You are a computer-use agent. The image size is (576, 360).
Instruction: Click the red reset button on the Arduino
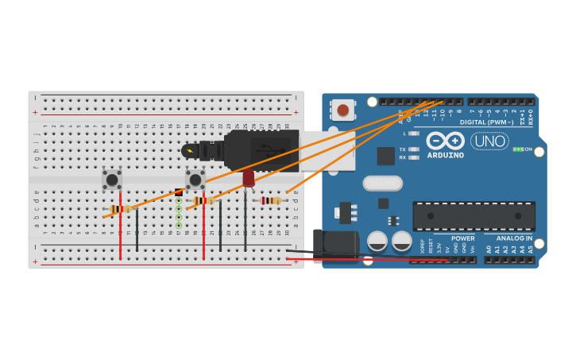(x=343, y=110)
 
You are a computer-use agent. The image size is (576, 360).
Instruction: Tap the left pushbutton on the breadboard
(x=112, y=180)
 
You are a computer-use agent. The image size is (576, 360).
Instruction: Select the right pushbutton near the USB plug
(x=195, y=180)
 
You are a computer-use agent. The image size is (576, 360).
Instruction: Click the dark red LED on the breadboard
(x=249, y=177)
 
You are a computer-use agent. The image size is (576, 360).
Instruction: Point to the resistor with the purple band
(x=271, y=201)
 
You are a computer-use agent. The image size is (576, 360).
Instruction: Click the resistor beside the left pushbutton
(x=120, y=209)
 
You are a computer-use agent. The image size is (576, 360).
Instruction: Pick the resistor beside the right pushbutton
(x=203, y=201)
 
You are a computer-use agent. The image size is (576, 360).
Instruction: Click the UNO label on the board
(x=489, y=141)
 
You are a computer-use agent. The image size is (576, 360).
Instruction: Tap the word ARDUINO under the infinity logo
(x=445, y=155)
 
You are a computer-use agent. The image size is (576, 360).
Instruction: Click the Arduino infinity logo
(x=445, y=141)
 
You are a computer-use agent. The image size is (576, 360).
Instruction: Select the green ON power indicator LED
(x=517, y=149)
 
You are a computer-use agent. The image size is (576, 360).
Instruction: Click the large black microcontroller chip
(x=474, y=216)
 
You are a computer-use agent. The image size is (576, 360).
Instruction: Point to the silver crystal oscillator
(x=383, y=184)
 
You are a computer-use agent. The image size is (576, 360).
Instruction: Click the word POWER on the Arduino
(x=463, y=238)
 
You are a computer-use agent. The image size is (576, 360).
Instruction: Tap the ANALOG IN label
(x=515, y=238)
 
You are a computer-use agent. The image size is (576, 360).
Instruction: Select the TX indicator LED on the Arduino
(x=413, y=149)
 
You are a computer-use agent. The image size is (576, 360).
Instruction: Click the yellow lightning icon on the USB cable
(x=189, y=151)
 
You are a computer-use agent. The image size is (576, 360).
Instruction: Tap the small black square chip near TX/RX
(x=386, y=156)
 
